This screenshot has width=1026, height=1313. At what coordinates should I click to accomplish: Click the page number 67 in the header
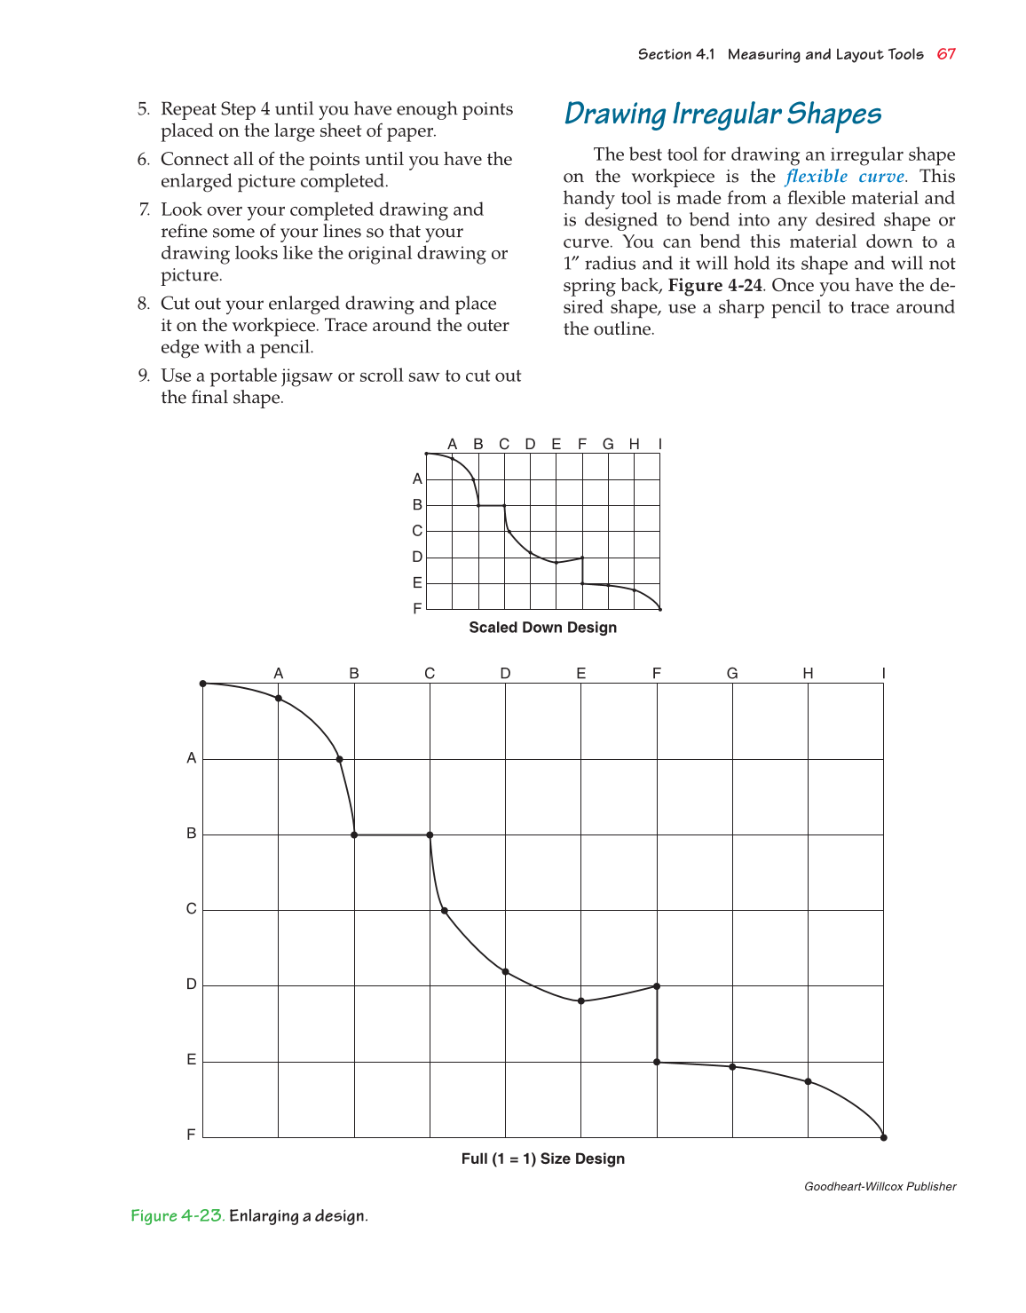(946, 54)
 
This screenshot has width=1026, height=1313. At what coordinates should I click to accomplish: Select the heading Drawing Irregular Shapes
(722, 114)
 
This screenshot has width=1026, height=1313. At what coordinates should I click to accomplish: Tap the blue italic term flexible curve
(845, 177)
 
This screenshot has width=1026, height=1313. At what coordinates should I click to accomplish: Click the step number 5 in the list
(143, 109)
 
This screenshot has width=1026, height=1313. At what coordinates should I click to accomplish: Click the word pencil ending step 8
(286, 348)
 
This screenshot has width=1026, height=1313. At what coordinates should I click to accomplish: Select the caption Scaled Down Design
(542, 628)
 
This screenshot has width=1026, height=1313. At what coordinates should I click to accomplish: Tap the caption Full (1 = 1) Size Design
(542, 1159)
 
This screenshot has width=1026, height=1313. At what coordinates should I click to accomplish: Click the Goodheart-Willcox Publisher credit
(880, 1187)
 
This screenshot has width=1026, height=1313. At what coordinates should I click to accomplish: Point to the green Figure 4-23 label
(178, 1215)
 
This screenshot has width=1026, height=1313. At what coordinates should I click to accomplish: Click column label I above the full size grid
(883, 673)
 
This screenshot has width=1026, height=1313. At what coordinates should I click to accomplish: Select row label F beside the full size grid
(191, 1135)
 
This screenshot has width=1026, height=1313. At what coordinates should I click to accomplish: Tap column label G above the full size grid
(732, 673)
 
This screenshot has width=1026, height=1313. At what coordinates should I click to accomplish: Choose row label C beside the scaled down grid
(417, 531)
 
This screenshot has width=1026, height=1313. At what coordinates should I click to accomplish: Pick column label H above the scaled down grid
(634, 444)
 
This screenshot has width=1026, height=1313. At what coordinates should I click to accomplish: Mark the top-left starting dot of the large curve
(203, 684)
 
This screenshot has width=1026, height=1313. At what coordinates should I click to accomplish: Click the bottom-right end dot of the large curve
(883, 1137)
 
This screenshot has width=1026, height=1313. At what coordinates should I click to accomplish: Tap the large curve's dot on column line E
(581, 1001)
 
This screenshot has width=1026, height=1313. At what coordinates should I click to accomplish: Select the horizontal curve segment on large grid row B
(392, 835)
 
